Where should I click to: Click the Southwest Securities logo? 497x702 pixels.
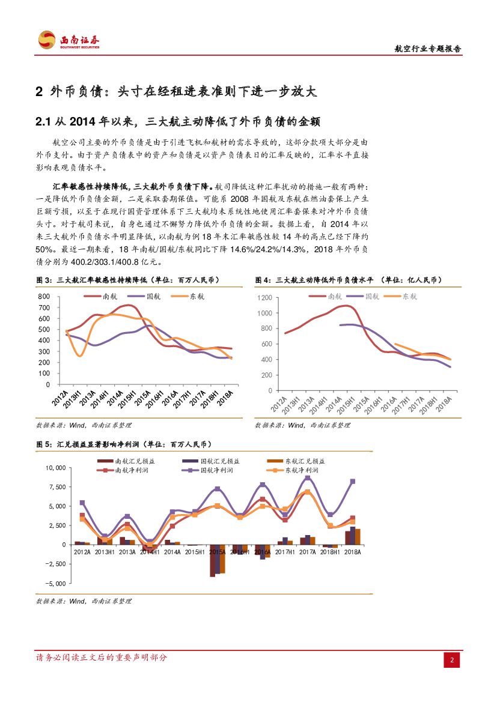pos(69,41)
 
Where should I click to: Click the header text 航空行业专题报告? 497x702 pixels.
pos(427,49)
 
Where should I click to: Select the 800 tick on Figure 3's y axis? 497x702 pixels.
pos(43,297)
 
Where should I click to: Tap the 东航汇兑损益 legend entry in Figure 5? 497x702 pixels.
pos(305,461)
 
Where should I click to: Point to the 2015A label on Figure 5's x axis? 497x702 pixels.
pos(217,551)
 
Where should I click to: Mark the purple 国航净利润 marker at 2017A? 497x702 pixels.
pos(307,478)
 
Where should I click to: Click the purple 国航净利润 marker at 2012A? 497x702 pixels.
pos(82,503)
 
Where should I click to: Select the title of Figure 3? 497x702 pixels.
pos(127,280)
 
